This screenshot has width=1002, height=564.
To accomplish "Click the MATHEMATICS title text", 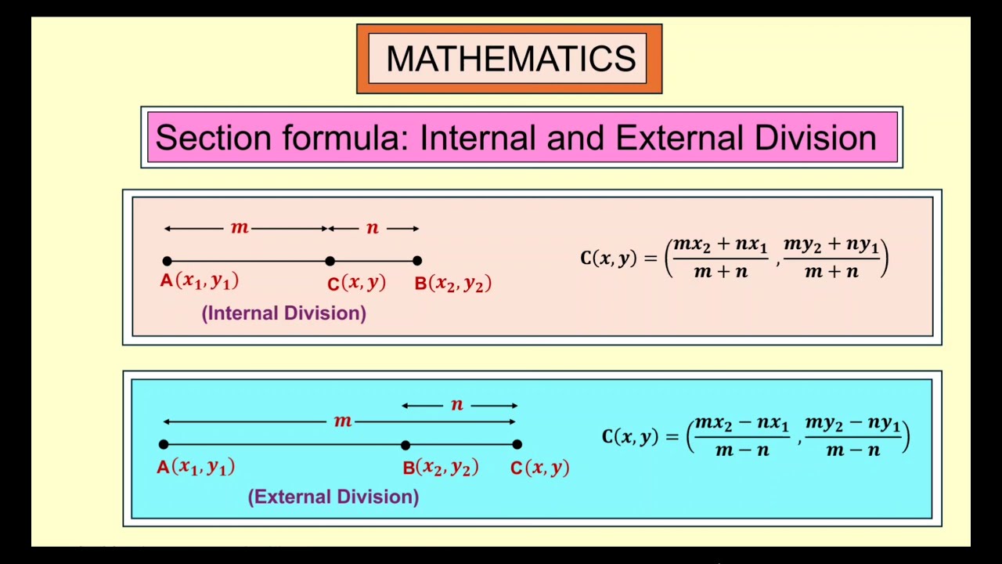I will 510,59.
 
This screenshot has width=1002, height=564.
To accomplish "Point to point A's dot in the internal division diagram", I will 167,261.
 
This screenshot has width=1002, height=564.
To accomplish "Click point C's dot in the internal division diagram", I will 330,261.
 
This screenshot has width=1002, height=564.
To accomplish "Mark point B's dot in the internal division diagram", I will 417,261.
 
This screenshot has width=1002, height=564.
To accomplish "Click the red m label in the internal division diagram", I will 240,228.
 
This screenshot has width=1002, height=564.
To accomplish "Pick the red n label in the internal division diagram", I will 373,228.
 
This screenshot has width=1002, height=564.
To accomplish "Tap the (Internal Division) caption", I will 284,313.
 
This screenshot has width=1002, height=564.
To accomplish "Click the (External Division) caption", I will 333,497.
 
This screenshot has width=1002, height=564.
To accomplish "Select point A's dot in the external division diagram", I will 163,444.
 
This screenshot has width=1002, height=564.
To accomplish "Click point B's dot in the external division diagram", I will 405,444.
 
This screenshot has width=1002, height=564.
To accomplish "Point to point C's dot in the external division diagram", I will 517,444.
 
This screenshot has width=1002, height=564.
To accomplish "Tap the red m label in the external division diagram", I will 343,421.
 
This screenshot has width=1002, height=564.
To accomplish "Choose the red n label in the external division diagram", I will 457,405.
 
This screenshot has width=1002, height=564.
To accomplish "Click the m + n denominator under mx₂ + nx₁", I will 720,272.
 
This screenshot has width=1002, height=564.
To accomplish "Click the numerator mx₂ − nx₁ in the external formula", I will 742,424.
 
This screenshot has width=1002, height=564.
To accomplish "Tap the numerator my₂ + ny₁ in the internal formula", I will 831,244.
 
